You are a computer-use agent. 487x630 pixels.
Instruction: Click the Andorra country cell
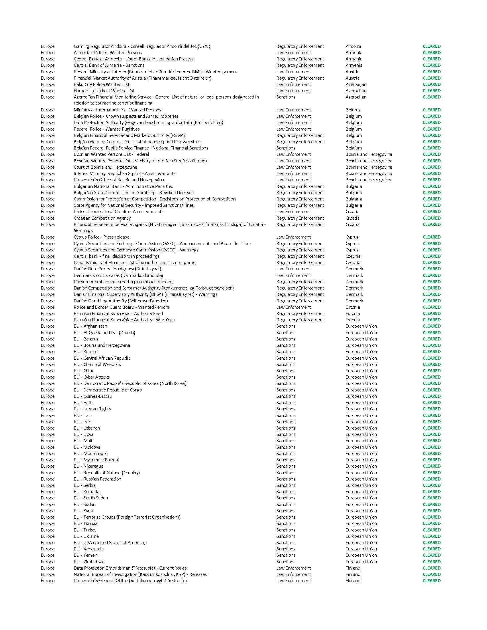pos(353,46)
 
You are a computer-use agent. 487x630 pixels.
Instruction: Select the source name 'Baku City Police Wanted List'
pos(102,84)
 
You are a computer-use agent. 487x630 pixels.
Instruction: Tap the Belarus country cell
pos(353,110)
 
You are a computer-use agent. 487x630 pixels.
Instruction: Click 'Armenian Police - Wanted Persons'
pos(108,53)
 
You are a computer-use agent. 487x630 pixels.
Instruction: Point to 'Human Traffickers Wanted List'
pos(104,91)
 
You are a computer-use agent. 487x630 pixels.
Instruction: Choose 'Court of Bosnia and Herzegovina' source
pos(105,167)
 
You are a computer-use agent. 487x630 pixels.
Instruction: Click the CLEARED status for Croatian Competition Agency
pos(431,218)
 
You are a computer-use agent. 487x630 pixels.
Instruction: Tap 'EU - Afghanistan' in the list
pos(90,326)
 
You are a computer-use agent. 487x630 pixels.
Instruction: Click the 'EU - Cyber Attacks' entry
pos(92,377)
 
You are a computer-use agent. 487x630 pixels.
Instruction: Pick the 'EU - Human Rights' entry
pos(92,409)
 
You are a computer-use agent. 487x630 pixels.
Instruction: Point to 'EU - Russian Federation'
pos(97,479)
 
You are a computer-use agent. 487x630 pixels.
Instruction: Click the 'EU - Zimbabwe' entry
pos(89,562)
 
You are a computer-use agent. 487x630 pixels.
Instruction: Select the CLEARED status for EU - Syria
pos(431,511)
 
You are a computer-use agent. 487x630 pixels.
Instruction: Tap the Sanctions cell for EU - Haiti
pos(286,403)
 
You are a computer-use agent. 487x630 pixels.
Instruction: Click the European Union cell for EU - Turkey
pos(361,530)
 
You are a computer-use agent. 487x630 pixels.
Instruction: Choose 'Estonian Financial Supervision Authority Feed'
pos(118,314)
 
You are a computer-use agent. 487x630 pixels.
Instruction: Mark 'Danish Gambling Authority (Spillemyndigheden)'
pos(121,301)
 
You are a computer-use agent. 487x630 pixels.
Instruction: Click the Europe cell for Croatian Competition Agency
pos(48,218)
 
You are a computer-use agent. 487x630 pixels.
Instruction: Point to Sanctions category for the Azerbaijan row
pos(286,97)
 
